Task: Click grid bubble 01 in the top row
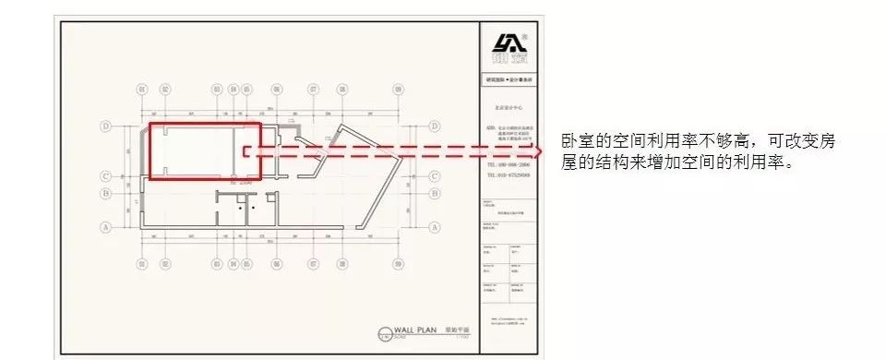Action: (141, 90)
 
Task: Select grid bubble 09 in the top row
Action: (398, 90)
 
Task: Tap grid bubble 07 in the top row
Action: (314, 90)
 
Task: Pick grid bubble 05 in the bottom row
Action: (246, 263)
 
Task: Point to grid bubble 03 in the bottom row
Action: (217, 263)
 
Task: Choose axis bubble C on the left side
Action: (108, 174)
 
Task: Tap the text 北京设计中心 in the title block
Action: (509, 107)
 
